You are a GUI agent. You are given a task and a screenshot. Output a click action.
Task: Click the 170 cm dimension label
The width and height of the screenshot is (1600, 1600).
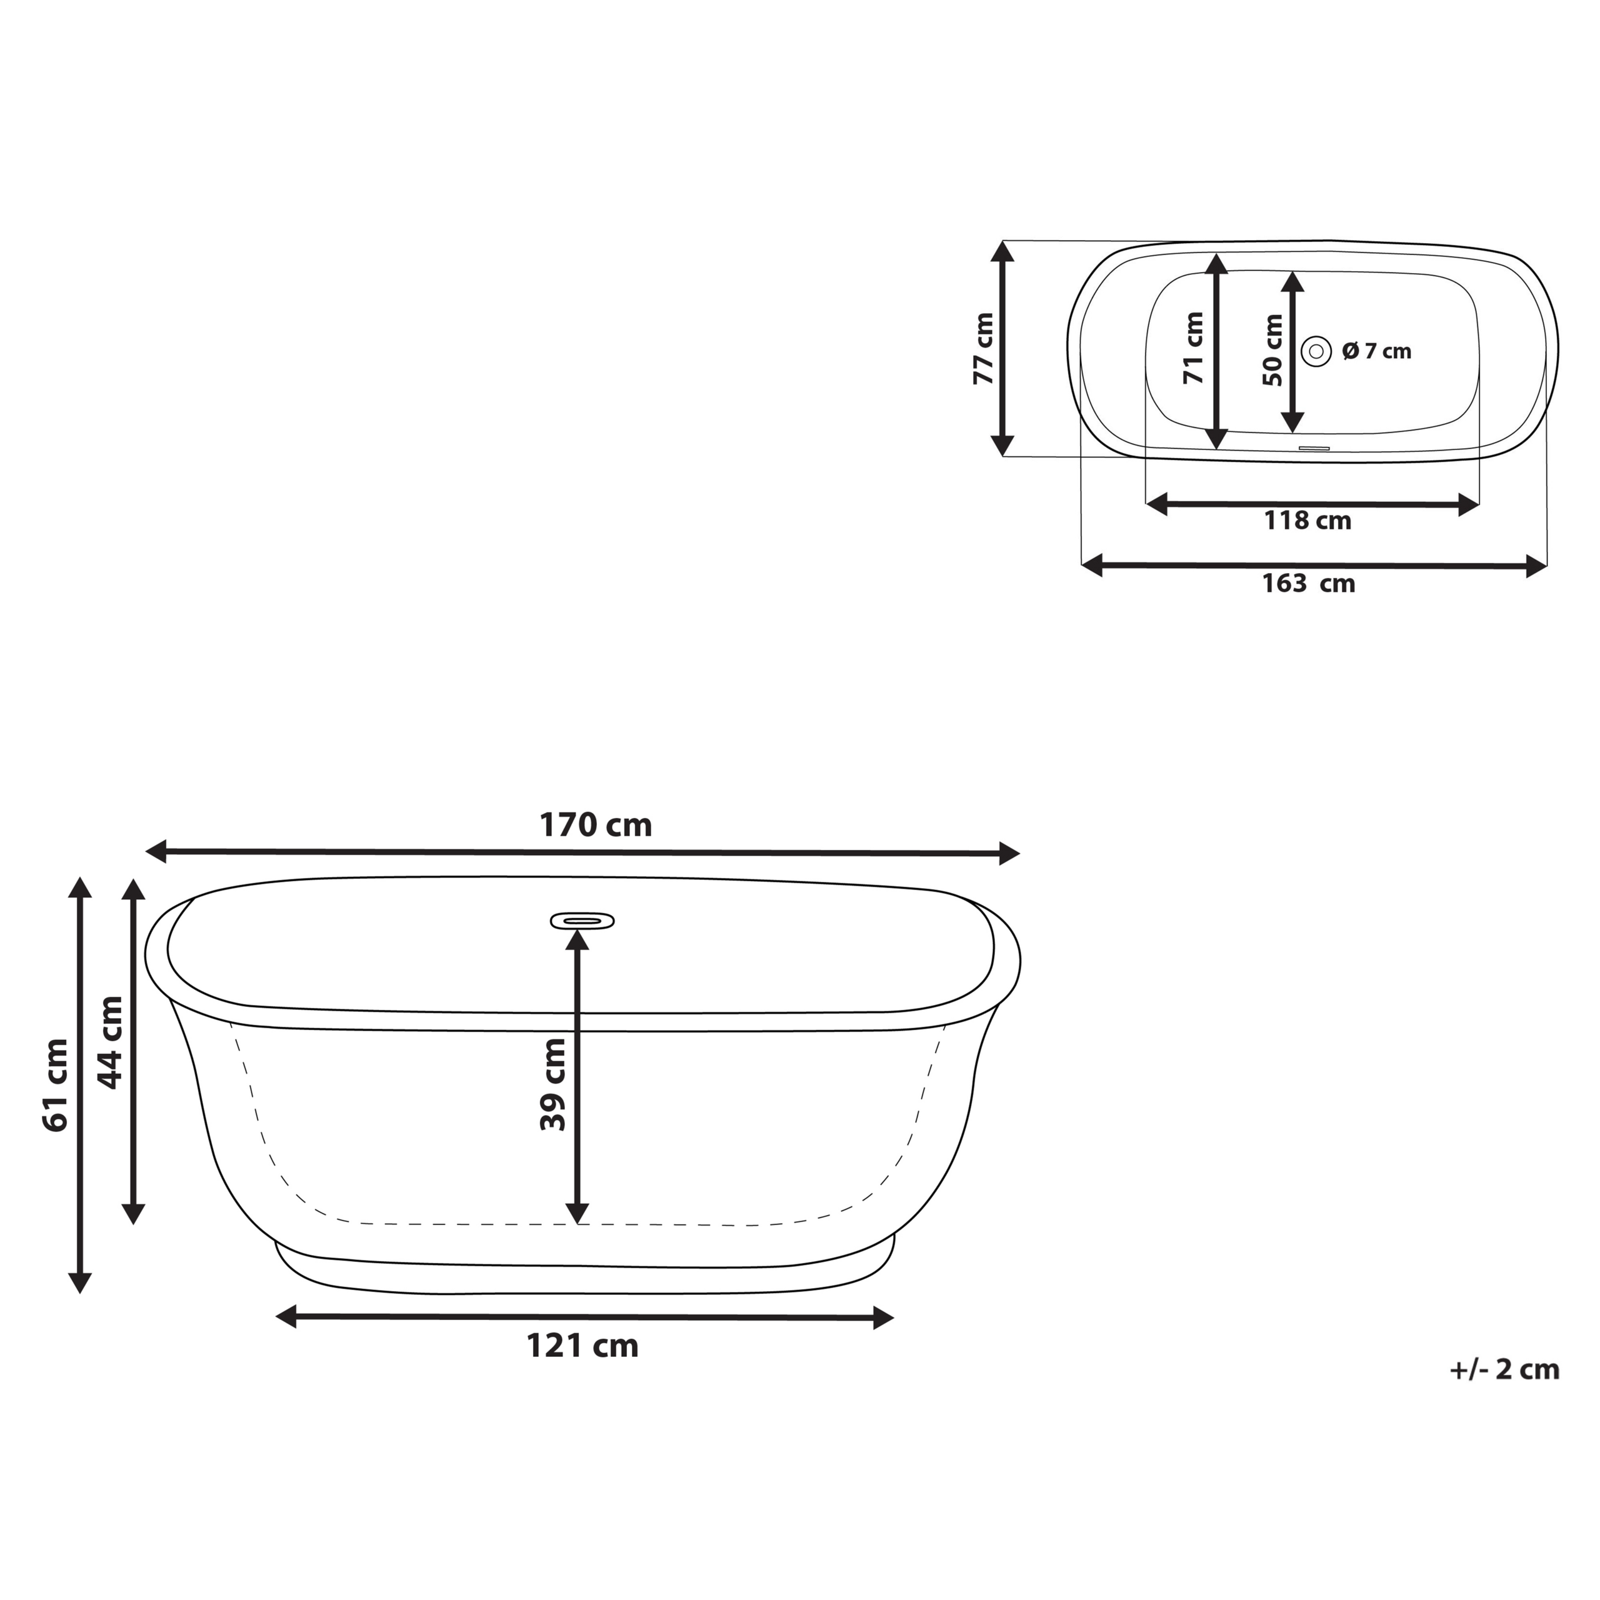click(x=596, y=825)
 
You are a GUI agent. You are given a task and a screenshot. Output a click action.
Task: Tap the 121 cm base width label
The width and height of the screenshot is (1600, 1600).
click(x=582, y=1346)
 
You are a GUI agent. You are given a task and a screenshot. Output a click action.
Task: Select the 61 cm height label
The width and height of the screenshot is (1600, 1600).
click(x=56, y=1085)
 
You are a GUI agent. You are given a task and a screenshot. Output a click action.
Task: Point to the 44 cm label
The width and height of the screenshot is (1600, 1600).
click(x=110, y=1042)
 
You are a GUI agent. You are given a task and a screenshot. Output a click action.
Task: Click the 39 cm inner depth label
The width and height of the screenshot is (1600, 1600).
click(x=552, y=1085)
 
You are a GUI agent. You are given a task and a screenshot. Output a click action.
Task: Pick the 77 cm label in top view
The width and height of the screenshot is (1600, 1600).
click(x=983, y=349)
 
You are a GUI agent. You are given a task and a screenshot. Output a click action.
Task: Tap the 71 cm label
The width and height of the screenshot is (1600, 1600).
click(x=1193, y=349)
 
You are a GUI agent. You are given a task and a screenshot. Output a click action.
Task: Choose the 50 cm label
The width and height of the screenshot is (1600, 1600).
click(x=1273, y=350)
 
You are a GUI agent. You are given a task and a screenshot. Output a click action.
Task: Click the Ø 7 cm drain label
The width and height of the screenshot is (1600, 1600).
click(x=1376, y=351)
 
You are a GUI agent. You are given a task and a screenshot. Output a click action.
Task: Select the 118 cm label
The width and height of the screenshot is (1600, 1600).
click(x=1307, y=521)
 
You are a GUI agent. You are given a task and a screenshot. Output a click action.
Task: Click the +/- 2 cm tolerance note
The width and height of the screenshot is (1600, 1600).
click(x=1504, y=1370)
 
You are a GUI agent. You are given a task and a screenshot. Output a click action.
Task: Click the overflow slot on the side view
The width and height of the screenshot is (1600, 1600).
click(x=582, y=920)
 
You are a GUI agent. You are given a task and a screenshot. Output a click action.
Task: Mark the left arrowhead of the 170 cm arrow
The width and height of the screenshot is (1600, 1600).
click(x=156, y=851)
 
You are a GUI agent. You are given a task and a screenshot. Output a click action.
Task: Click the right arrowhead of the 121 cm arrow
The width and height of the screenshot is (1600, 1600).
click(x=884, y=1317)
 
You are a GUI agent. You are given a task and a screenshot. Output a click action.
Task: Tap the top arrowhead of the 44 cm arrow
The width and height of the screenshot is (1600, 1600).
click(x=133, y=889)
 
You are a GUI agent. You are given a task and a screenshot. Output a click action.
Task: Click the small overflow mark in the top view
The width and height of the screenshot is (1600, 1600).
click(x=1314, y=448)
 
